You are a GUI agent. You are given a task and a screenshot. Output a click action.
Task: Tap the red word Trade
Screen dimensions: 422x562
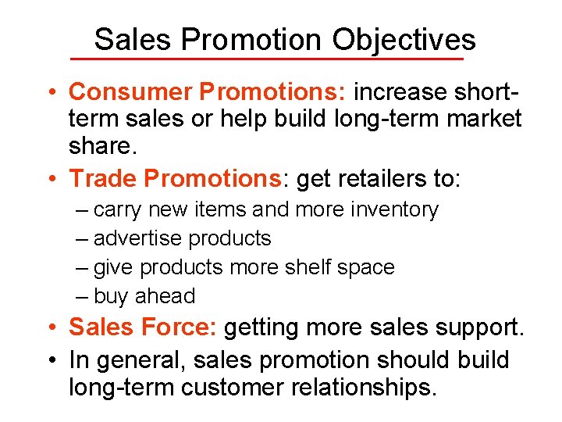click(x=103, y=178)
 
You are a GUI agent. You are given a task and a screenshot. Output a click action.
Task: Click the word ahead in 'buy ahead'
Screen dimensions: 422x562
click(x=165, y=296)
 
